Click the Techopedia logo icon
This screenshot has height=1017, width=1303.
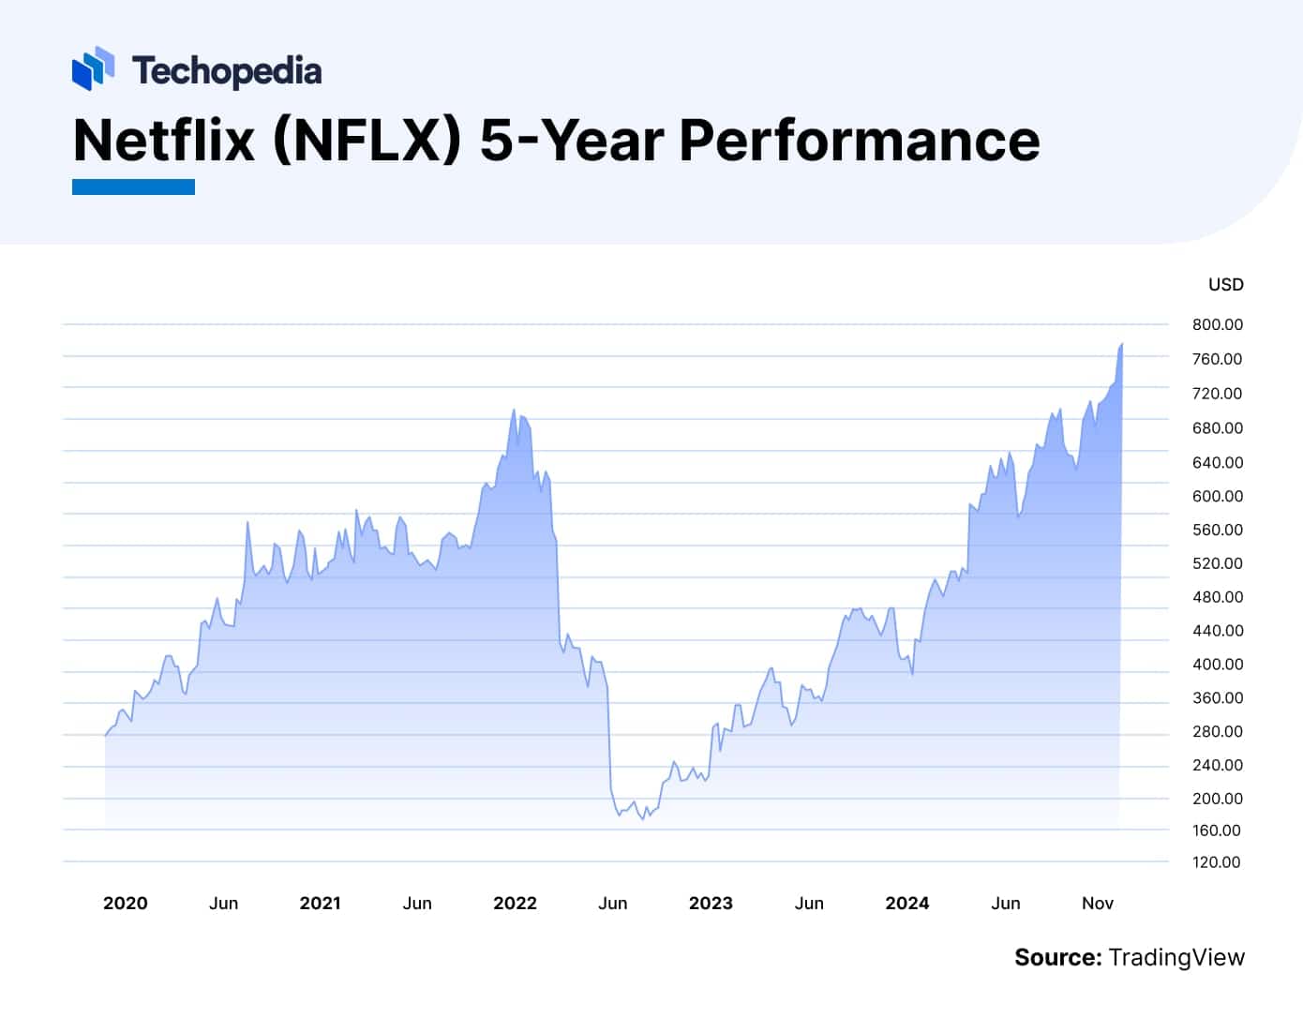(93, 69)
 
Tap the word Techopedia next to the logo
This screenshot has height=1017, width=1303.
(227, 71)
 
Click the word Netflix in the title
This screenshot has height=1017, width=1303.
(164, 141)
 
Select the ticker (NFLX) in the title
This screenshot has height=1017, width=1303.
(367, 141)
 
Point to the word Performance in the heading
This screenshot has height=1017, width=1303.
(859, 141)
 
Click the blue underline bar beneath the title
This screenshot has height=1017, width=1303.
(133, 187)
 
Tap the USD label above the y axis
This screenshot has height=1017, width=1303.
(1225, 285)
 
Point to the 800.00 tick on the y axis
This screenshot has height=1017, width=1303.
(1217, 325)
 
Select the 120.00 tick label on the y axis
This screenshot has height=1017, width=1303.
(1216, 862)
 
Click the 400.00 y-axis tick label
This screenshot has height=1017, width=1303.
(1217, 665)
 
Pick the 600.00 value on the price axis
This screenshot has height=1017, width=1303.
(1217, 497)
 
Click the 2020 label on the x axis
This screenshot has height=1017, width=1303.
(125, 904)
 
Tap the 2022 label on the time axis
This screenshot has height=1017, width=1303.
(515, 904)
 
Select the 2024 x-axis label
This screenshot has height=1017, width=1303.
(906, 904)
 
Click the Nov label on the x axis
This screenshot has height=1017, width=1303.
(1097, 904)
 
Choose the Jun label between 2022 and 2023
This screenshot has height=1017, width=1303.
(612, 904)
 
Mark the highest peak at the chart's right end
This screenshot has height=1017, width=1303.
(1121, 345)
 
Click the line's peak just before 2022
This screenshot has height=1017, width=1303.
(514, 410)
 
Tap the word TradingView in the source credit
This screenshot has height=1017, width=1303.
(1176, 958)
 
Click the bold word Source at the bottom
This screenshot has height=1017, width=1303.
(1056, 958)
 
